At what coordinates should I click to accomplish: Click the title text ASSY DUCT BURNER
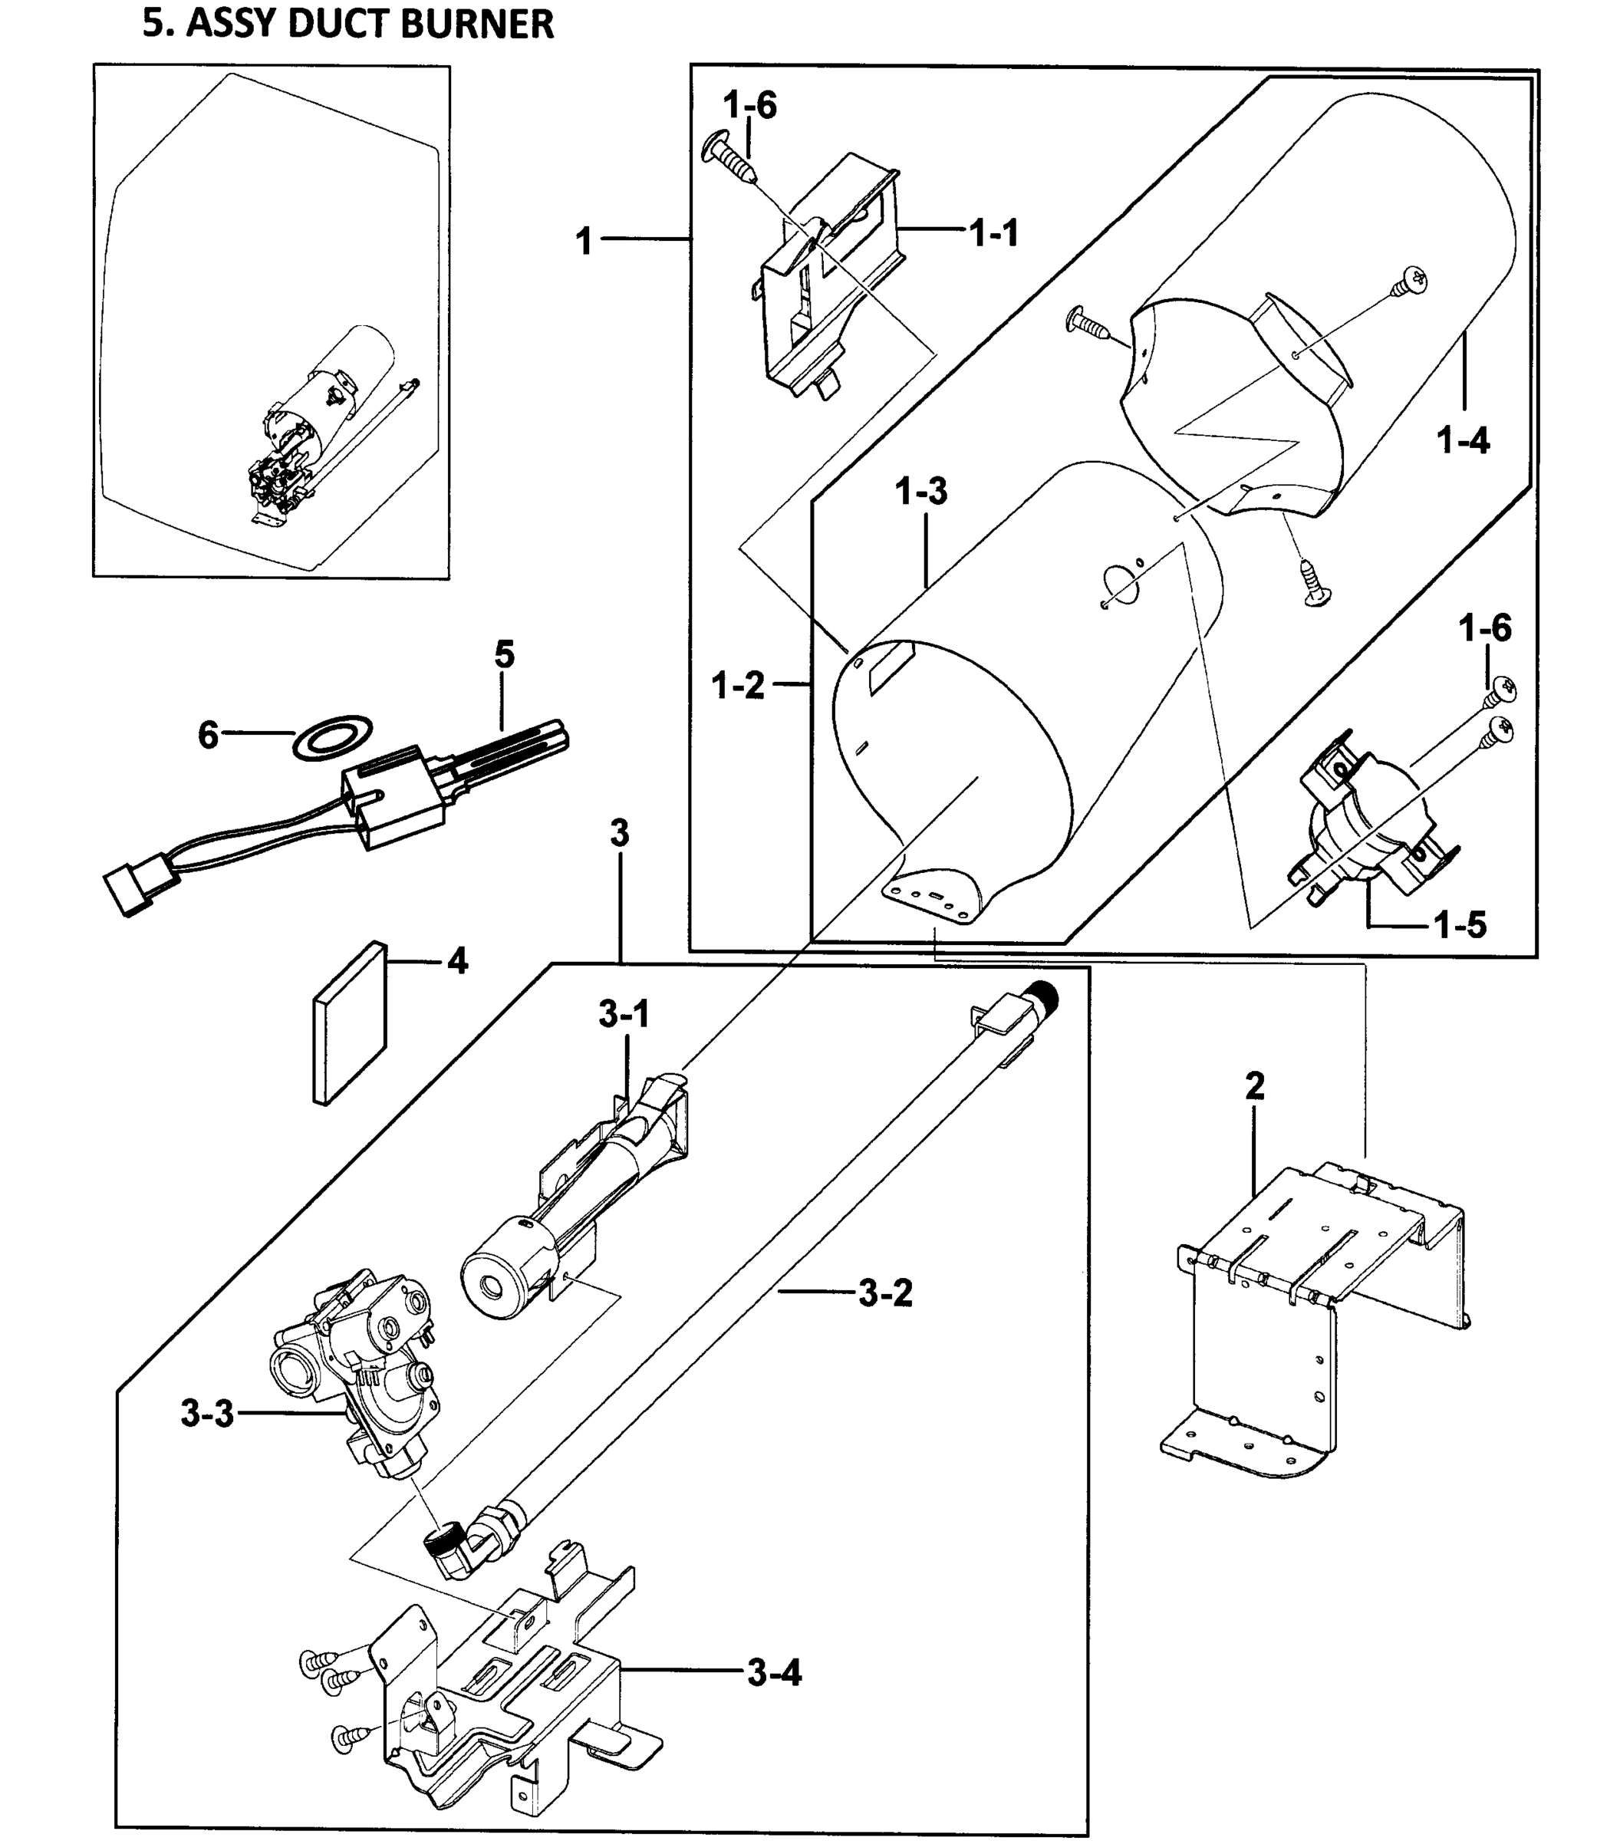[347, 25]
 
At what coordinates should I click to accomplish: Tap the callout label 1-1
[994, 234]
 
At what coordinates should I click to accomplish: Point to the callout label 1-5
[1460, 925]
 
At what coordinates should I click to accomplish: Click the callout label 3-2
[885, 1294]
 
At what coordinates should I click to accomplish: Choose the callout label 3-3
[207, 1414]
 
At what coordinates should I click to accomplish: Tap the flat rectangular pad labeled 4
[350, 1023]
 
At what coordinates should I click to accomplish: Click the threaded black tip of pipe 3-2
[1045, 997]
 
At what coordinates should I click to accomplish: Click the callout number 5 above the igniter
[504, 655]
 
